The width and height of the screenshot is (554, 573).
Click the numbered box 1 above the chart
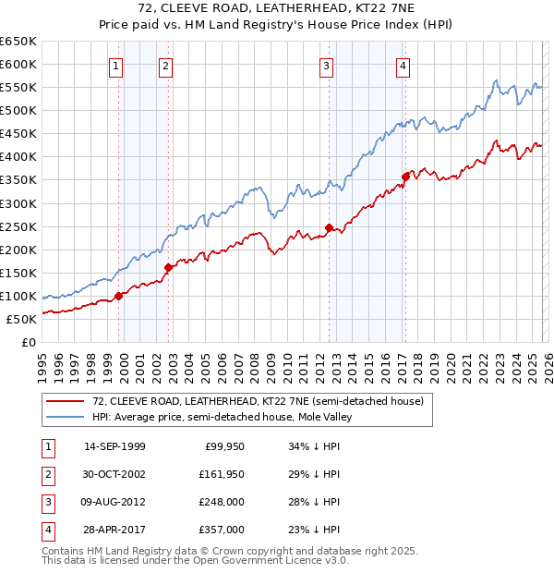click(x=115, y=66)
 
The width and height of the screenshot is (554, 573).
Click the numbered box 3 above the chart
click(x=327, y=66)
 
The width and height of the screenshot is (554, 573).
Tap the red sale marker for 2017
click(x=405, y=177)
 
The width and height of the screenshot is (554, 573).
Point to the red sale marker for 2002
click(x=168, y=267)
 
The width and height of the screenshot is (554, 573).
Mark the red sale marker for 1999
click(x=118, y=296)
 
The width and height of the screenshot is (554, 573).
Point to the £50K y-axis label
click(x=21, y=319)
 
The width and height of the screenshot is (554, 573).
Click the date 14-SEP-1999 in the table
click(x=114, y=446)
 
